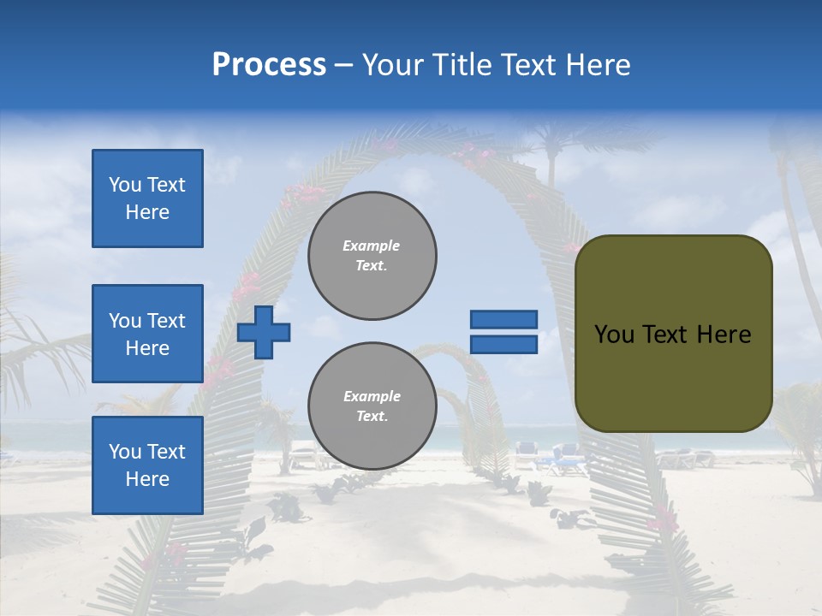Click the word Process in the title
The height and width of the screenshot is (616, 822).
tap(269, 65)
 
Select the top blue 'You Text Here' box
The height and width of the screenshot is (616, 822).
tap(147, 198)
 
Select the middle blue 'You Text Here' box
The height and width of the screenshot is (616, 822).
tap(147, 334)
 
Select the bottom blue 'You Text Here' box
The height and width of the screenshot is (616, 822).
tap(147, 465)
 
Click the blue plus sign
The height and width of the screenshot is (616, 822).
tap(264, 332)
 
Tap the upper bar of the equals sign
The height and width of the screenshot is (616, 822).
tap(503, 319)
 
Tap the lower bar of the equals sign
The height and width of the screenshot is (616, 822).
tap(503, 344)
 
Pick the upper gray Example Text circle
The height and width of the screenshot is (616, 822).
tap(372, 256)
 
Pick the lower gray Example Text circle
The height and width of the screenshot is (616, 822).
tap(372, 406)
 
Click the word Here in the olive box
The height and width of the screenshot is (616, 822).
tap(724, 335)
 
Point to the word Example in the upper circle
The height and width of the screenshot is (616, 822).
tap(371, 246)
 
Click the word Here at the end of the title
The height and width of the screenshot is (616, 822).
tap(597, 65)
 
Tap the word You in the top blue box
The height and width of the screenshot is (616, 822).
tap(124, 185)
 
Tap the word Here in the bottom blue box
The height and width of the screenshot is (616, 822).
tap(147, 479)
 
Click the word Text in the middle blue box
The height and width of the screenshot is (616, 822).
tap(166, 321)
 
